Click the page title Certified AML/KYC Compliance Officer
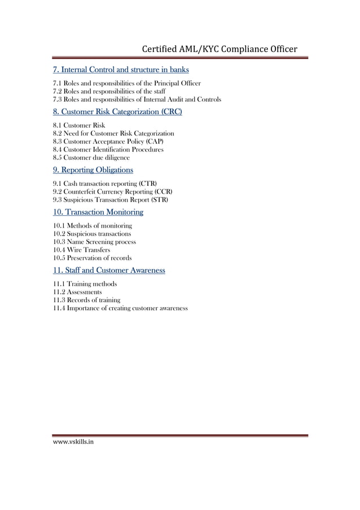(x=219, y=49)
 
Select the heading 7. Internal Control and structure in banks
(x=121, y=69)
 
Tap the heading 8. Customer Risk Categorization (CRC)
(x=117, y=112)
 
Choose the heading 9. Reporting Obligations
(x=93, y=169)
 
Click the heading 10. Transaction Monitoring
(x=98, y=212)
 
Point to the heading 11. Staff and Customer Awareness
(x=109, y=270)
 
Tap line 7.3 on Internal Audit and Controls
(x=137, y=99)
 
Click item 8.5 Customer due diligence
(x=91, y=158)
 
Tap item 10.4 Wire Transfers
(x=82, y=250)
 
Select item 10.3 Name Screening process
(x=94, y=242)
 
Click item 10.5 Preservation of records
(x=93, y=258)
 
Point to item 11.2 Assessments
(x=78, y=292)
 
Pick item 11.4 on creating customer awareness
(x=120, y=308)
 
